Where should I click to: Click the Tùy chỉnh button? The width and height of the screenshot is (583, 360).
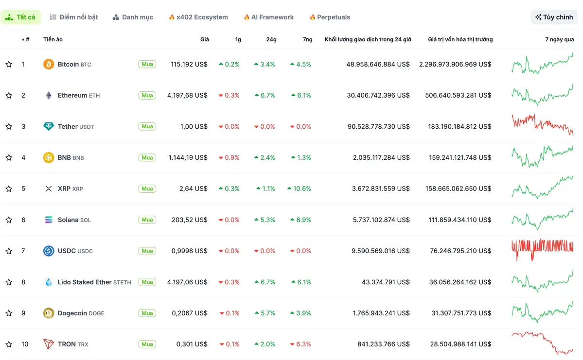tap(554, 17)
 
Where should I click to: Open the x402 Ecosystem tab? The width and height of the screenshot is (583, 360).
tap(198, 17)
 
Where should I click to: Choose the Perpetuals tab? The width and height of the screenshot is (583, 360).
tap(330, 17)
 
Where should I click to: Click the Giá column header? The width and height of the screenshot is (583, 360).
tap(205, 39)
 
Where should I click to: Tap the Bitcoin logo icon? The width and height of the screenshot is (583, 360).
tap(49, 64)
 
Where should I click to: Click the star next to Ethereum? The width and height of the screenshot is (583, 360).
tap(9, 95)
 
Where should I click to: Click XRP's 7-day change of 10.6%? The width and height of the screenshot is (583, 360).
tap(300, 189)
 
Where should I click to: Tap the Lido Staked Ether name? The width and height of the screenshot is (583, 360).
tap(85, 282)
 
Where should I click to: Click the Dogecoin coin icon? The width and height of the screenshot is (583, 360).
tap(49, 313)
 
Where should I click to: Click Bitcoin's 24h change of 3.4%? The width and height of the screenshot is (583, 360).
tap(265, 64)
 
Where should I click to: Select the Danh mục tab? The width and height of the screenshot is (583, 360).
tap(133, 17)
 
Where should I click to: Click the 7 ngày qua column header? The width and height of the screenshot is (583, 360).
tap(559, 39)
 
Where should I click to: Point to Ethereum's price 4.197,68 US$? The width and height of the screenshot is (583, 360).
tap(187, 95)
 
